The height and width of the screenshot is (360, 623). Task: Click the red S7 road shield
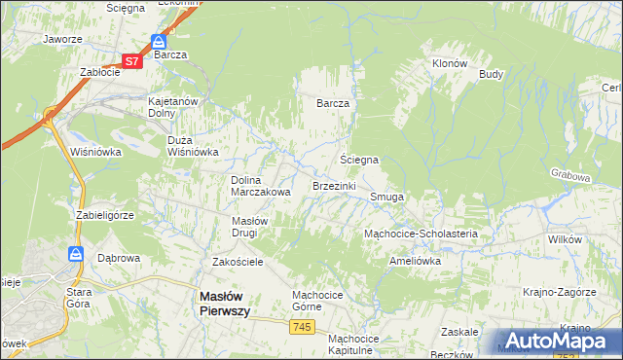click(132, 60)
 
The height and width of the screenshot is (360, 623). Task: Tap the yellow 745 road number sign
click(301, 329)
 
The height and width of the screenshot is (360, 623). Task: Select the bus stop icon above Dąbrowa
click(76, 253)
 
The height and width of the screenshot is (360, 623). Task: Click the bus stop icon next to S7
click(158, 43)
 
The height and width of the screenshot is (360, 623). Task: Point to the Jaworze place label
click(61, 40)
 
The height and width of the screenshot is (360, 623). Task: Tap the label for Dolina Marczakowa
click(261, 186)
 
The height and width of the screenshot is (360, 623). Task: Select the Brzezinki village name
click(334, 185)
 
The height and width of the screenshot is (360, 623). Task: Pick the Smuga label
click(386, 197)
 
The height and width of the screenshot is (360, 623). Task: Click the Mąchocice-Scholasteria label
click(421, 234)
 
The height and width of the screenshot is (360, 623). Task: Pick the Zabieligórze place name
click(103, 214)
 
